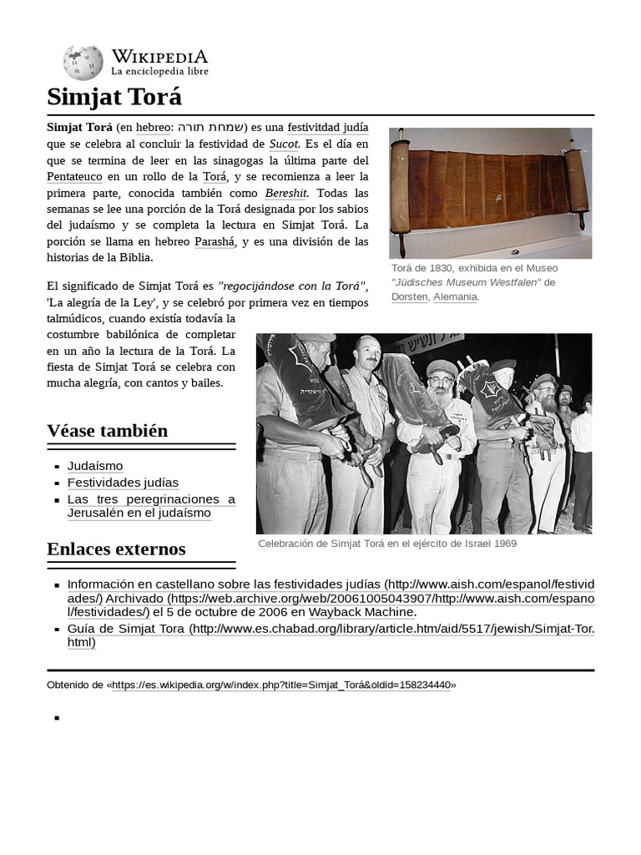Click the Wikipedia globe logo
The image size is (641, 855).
coord(83,63)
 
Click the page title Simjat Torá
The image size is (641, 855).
coord(114,97)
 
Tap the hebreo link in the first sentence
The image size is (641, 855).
coord(153,128)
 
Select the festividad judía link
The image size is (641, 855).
coord(327,128)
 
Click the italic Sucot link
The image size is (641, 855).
coord(284,144)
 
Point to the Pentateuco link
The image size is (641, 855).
coord(74,176)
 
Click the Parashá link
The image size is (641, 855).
coord(215,241)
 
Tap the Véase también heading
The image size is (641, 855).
coord(108,431)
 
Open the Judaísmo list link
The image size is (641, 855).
coord(95,466)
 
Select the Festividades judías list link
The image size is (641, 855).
coord(123,483)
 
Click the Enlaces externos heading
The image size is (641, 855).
coord(116,549)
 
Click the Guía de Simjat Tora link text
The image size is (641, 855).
coord(127,628)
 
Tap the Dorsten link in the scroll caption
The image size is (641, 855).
coord(409,296)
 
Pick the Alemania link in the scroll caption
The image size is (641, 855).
coord(455,296)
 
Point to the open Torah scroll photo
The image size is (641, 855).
coord(490,192)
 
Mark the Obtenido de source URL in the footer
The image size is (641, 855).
coord(281,685)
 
